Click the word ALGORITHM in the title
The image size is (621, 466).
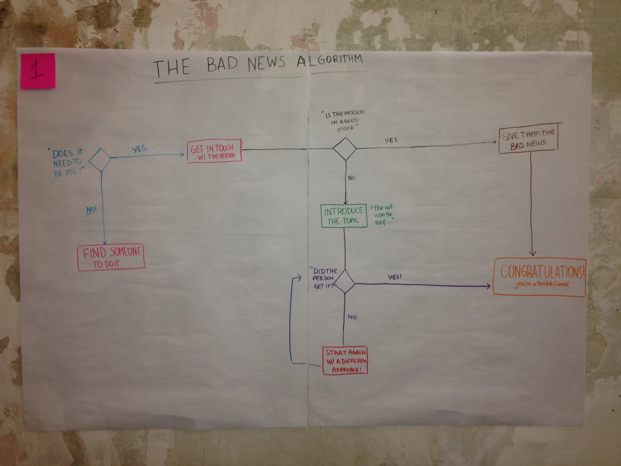pyautogui.click(x=330, y=60)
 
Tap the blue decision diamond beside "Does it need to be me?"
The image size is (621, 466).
pyautogui.click(x=100, y=160)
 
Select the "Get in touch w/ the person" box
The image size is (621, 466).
pyautogui.click(x=214, y=151)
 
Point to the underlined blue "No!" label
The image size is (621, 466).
pyautogui.click(x=91, y=210)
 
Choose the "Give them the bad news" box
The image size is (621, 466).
pyautogui.click(x=528, y=138)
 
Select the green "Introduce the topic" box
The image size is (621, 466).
pyautogui.click(x=344, y=216)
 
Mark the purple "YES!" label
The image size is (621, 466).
pyautogui.click(x=394, y=277)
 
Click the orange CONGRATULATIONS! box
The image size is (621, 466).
pyautogui.click(x=539, y=277)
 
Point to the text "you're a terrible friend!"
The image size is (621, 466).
pyautogui.click(x=542, y=284)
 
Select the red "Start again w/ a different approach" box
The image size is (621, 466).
pyautogui.click(x=345, y=360)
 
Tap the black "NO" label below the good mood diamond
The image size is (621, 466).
pyautogui.click(x=352, y=178)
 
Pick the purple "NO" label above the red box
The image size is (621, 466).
pyautogui.click(x=352, y=317)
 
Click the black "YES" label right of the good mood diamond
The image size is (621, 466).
pyautogui.click(x=391, y=140)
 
